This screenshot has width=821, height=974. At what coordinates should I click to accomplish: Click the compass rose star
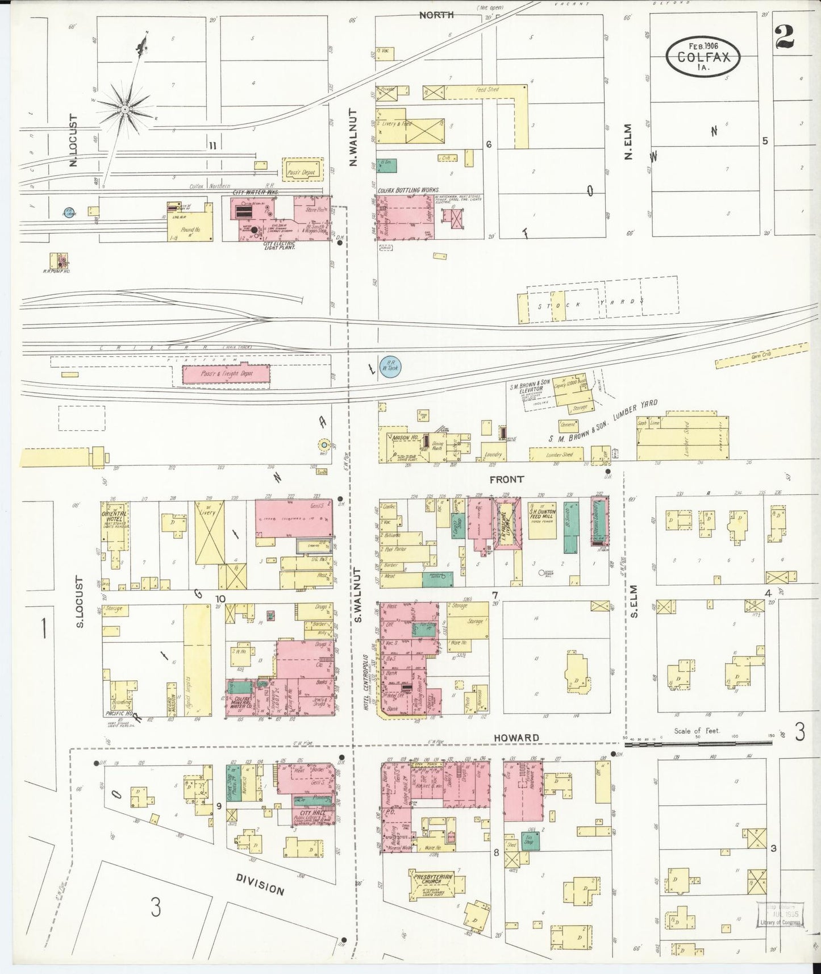coord(124,108)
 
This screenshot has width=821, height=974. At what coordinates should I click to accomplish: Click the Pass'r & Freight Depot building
coord(226,374)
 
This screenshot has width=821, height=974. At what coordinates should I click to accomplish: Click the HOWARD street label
coord(507,738)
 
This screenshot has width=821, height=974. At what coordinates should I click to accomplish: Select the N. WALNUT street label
coord(353,137)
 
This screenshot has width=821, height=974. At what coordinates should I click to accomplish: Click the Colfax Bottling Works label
coord(409,192)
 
